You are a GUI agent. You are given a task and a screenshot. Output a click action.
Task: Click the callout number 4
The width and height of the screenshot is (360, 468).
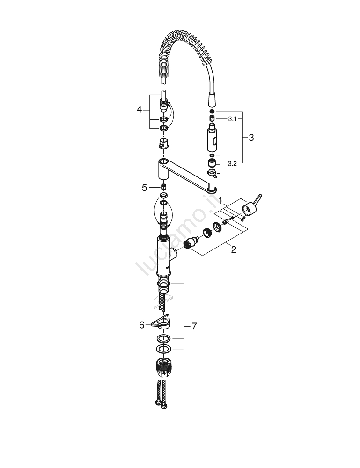139,110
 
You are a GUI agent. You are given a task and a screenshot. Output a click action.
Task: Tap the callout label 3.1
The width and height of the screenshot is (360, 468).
232,119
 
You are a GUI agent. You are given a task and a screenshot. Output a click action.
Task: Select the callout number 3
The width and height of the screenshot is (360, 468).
251,138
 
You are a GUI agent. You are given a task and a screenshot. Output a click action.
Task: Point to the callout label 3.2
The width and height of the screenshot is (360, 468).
232,163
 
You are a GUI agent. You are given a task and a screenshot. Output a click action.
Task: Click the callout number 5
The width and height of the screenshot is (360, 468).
145,188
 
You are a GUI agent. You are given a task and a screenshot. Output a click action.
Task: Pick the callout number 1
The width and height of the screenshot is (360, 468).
220,200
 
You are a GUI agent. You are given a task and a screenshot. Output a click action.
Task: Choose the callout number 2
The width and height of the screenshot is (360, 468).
234,249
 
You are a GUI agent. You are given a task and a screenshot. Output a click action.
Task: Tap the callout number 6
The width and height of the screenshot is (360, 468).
142,325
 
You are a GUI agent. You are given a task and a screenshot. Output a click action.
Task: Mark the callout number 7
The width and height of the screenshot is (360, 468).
194,326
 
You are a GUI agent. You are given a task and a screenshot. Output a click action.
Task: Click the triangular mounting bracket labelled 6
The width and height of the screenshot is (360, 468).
161,322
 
